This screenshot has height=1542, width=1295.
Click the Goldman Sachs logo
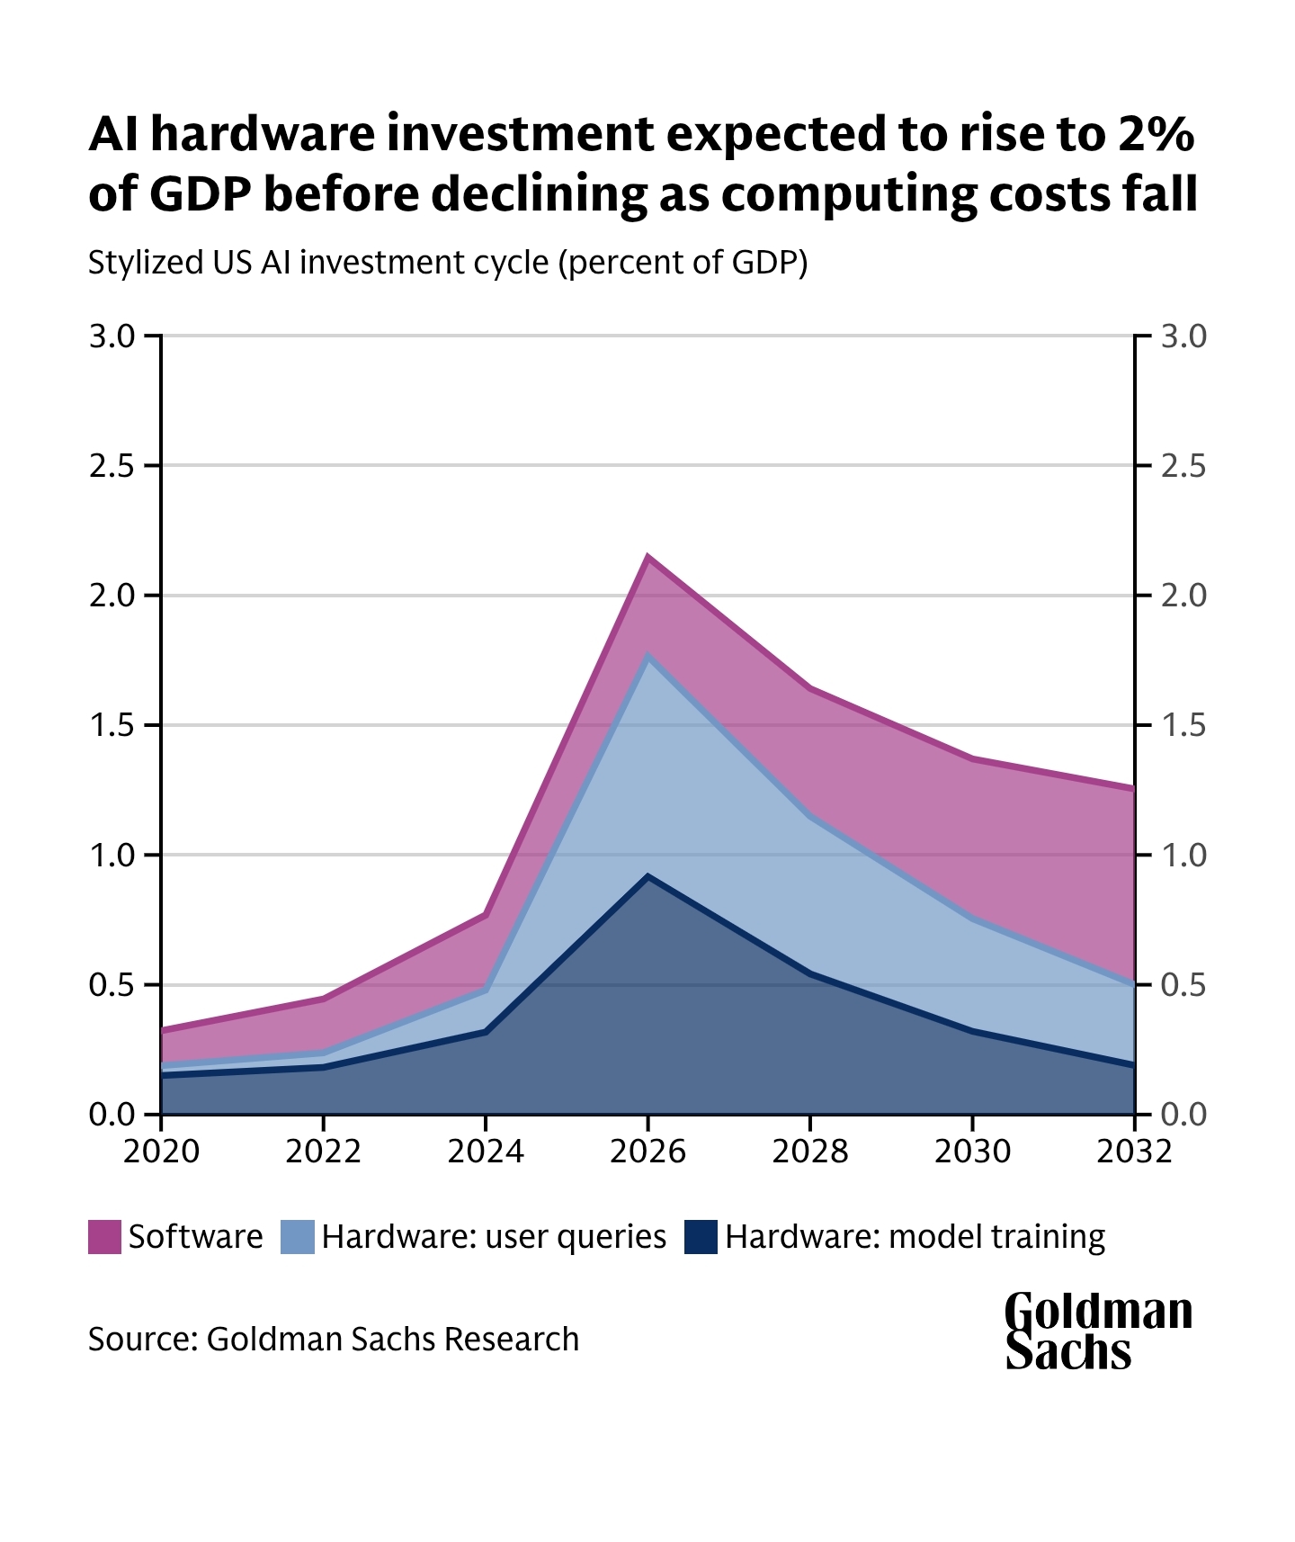[1097, 1331]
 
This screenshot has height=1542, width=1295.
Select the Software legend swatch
[104, 1236]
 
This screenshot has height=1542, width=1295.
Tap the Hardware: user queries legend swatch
[298, 1236]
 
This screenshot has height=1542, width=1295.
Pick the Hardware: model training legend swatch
[701, 1236]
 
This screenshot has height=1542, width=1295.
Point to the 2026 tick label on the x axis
[647, 1152]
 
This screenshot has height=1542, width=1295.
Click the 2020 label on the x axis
[161, 1152]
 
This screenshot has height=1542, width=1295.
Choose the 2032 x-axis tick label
[1134, 1152]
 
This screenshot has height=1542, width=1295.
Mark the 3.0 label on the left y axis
[112, 336]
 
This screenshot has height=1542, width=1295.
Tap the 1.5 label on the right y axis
[1183, 725]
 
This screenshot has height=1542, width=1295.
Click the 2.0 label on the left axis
[112, 596]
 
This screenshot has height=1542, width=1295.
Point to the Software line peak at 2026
[647, 556]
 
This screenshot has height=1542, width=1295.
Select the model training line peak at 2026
[647, 875]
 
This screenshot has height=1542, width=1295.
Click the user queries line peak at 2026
[647, 656]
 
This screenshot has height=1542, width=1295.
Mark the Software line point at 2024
[486, 915]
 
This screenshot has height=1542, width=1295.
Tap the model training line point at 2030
[972, 1031]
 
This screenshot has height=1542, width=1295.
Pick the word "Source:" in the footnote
[142, 1339]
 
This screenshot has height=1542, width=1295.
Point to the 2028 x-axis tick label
[809, 1152]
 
